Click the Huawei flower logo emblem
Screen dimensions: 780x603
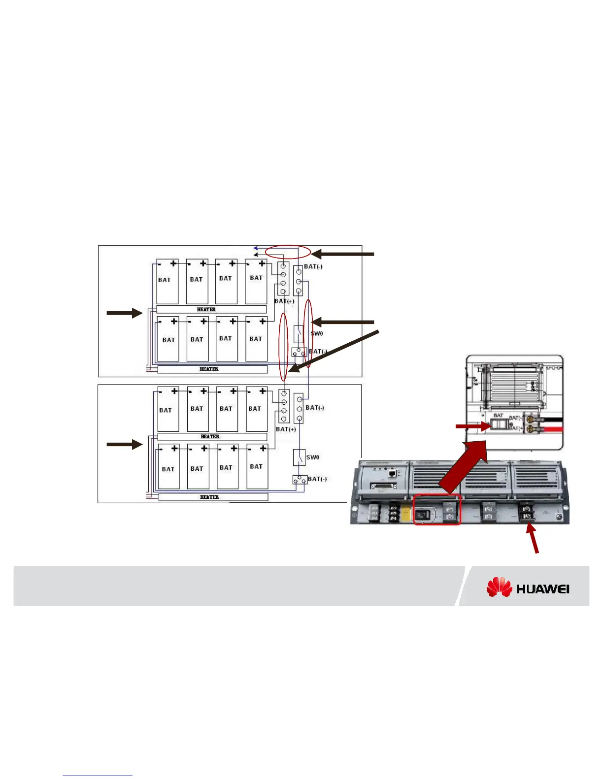(500, 587)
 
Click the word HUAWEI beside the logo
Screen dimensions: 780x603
(543, 588)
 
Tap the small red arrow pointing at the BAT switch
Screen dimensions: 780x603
(471, 426)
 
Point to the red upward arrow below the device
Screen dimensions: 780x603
(534, 538)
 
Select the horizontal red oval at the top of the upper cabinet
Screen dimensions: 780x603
(288, 252)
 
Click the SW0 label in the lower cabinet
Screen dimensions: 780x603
(313, 457)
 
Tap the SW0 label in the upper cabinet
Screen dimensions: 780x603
(317, 333)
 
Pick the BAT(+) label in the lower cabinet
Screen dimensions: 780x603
(286, 429)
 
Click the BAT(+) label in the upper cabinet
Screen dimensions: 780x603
(284, 301)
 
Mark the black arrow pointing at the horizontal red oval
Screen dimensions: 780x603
(343, 254)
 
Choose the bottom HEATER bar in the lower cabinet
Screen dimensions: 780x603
(213, 497)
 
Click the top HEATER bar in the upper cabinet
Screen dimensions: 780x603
(211, 309)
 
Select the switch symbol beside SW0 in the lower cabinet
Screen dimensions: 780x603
(299, 457)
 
